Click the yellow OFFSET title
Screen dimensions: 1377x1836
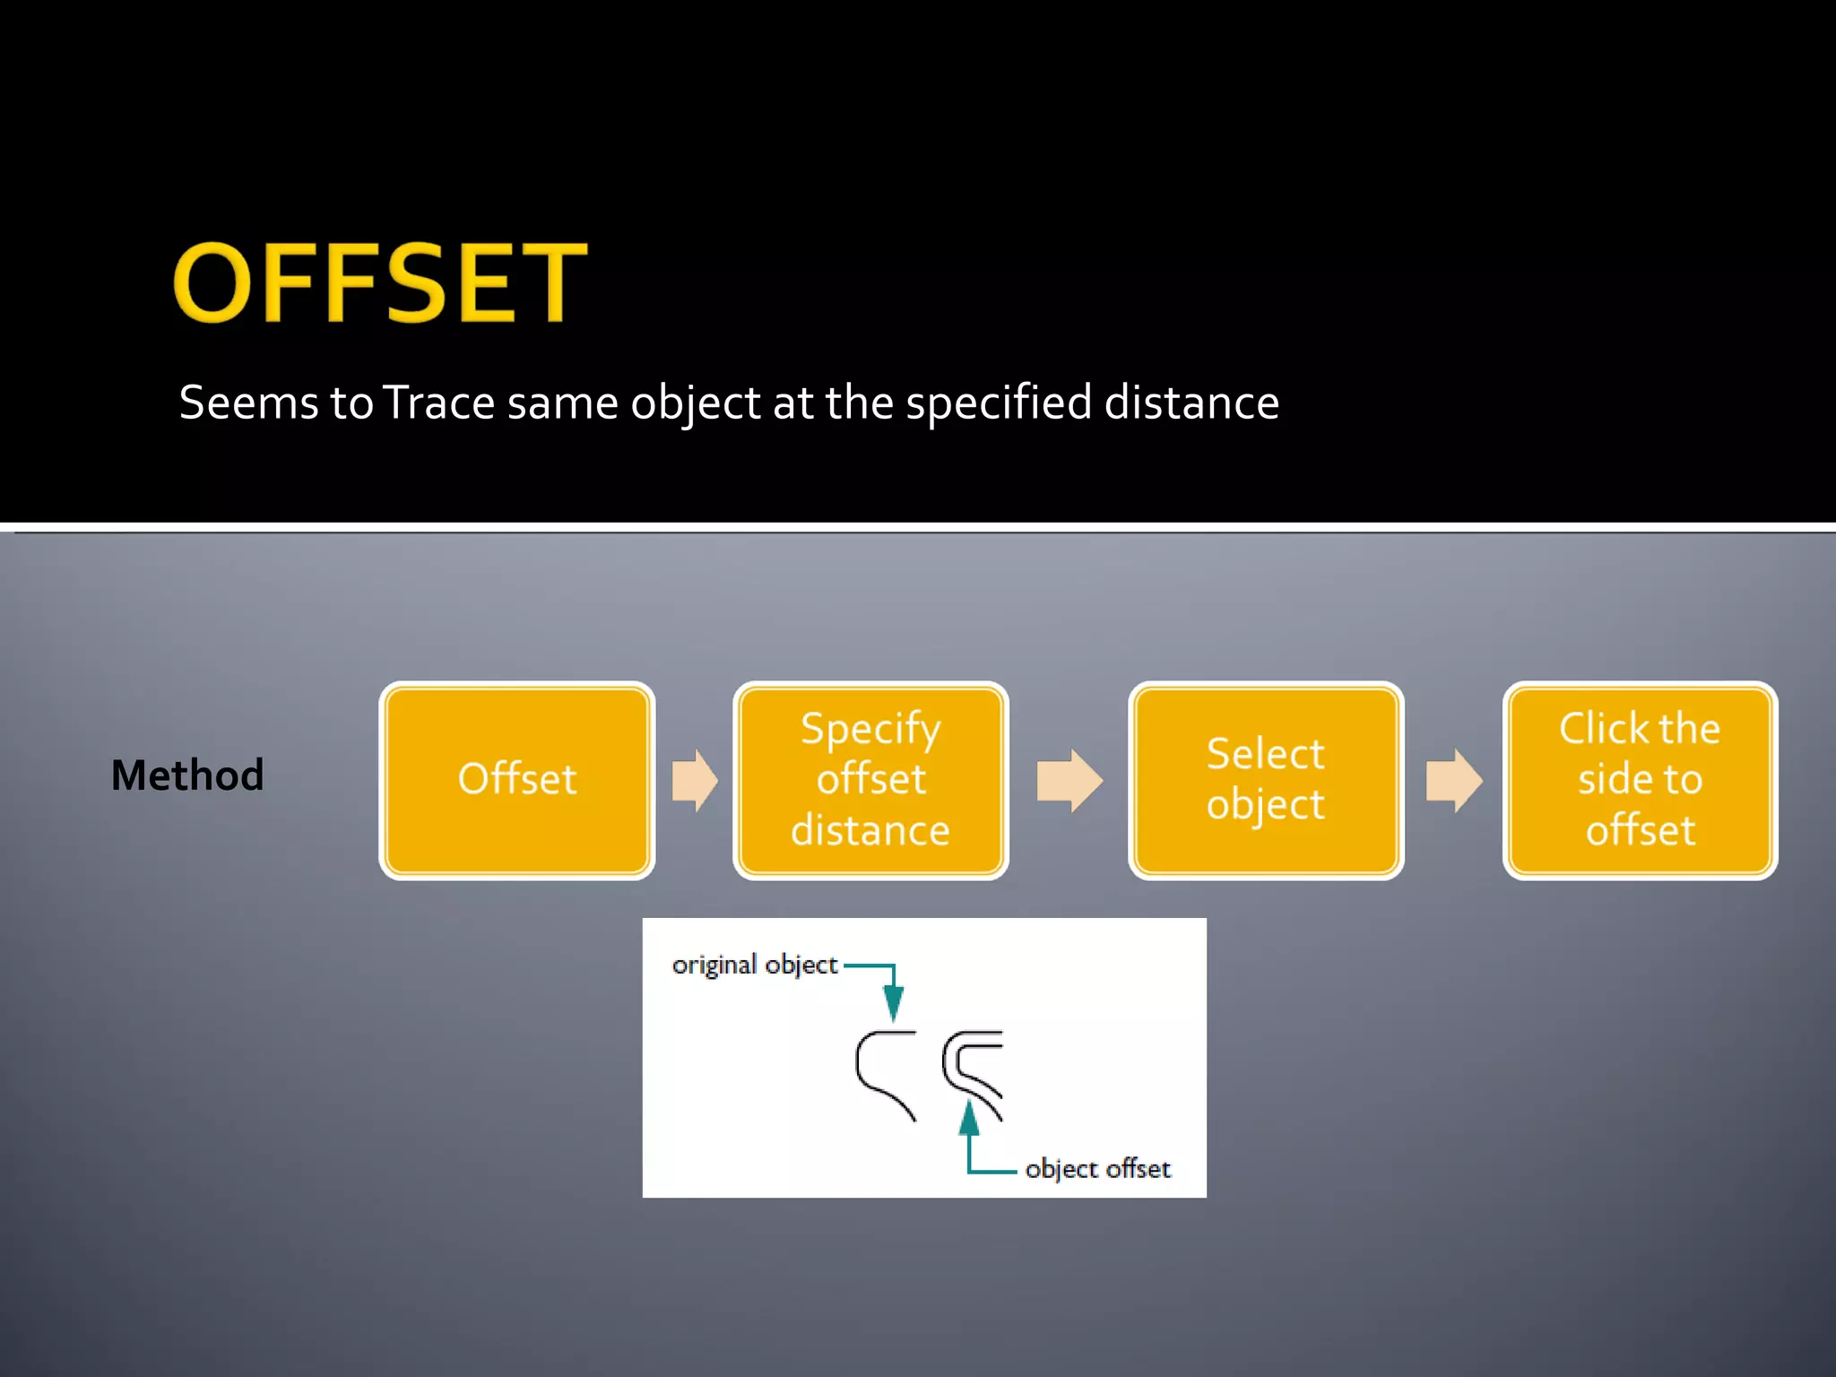[x=380, y=283]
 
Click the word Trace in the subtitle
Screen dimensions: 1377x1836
[x=438, y=403]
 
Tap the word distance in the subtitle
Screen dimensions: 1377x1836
[x=1191, y=403]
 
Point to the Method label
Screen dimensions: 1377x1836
[x=187, y=775]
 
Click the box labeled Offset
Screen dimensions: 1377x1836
[x=517, y=780]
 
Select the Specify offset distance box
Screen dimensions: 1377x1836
[x=870, y=780]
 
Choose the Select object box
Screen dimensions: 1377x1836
[x=1265, y=780]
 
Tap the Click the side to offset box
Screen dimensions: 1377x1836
[x=1640, y=780]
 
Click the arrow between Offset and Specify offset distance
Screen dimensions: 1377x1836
[x=695, y=780]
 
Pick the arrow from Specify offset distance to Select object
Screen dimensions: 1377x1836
[x=1069, y=780]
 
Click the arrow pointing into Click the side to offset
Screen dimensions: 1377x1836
[x=1453, y=780]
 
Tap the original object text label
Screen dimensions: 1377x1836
[x=754, y=965]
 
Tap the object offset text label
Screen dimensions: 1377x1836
[x=1097, y=1169]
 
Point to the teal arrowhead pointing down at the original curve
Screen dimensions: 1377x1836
[x=893, y=1002]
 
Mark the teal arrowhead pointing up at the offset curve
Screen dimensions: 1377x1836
[x=969, y=1121]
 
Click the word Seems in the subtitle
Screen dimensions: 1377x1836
[x=248, y=403]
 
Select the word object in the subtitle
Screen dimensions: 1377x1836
[x=696, y=403]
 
